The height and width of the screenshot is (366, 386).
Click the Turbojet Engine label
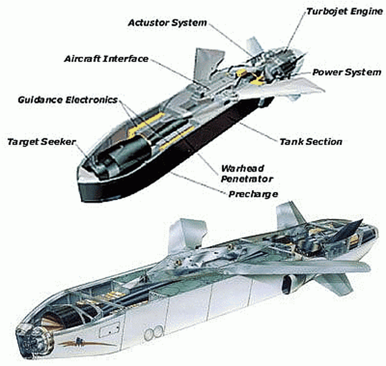[x=344, y=12]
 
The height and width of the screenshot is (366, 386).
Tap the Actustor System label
[x=167, y=23]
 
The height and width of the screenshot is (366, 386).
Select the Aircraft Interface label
[x=106, y=59]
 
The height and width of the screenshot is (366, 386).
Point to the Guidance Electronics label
[x=68, y=100]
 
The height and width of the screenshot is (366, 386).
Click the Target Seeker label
[x=41, y=142]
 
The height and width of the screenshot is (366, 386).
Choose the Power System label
[x=347, y=72]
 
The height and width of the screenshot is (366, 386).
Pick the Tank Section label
[x=311, y=142]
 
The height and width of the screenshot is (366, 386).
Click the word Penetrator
[x=247, y=179]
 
